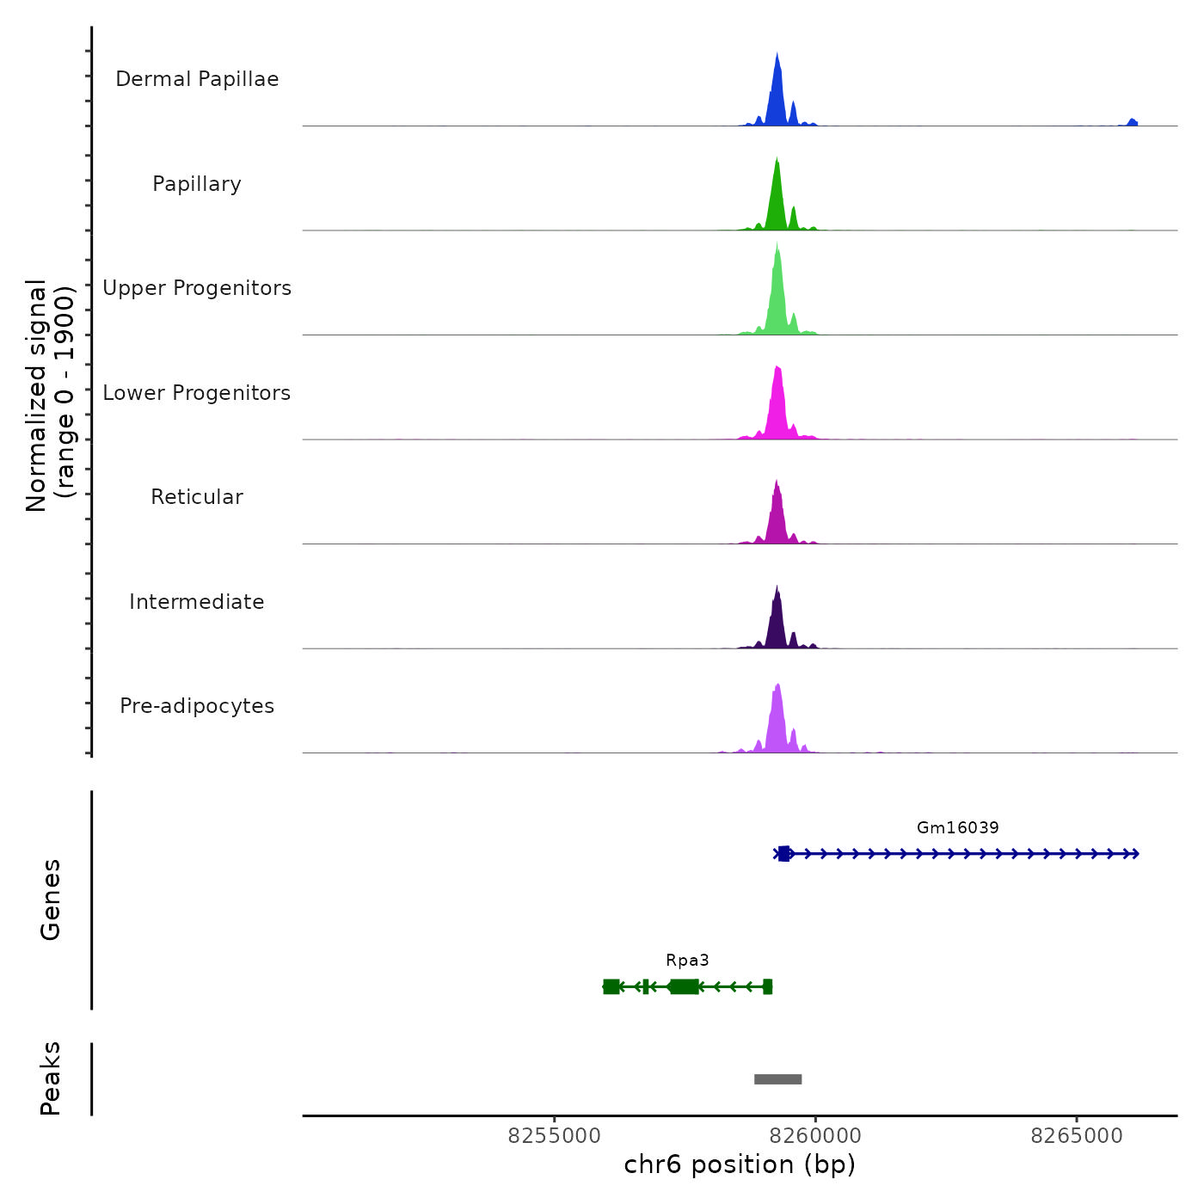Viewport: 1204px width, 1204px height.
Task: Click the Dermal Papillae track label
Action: pos(197,79)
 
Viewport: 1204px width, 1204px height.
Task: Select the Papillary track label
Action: pos(197,184)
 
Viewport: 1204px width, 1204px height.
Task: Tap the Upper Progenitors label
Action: pos(197,288)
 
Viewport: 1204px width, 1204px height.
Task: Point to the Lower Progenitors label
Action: pos(197,393)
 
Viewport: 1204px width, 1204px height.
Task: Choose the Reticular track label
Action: pos(197,497)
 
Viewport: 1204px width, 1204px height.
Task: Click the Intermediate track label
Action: pos(197,602)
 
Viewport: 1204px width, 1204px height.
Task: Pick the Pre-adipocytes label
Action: pos(197,706)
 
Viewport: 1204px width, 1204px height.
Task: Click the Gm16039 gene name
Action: pos(957,828)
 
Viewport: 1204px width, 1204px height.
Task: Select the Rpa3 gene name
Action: pos(687,961)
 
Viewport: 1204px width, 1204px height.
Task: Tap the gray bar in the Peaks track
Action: pos(777,1079)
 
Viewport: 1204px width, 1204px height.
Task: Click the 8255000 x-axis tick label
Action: pos(554,1136)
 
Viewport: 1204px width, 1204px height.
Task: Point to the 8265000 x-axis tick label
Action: pos(1076,1136)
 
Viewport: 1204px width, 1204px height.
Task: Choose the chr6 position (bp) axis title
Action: pos(740,1164)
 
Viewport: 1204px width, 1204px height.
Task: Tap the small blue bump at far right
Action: pos(1132,123)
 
